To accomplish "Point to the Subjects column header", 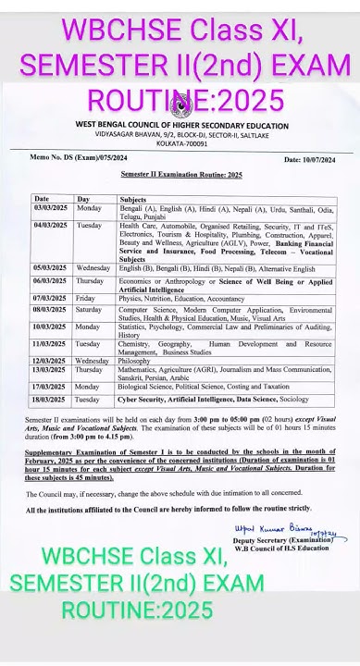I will [134, 199].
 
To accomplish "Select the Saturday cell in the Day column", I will [90, 310].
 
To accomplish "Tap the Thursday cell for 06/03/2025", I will [90, 280].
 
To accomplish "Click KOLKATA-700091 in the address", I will [180, 145].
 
